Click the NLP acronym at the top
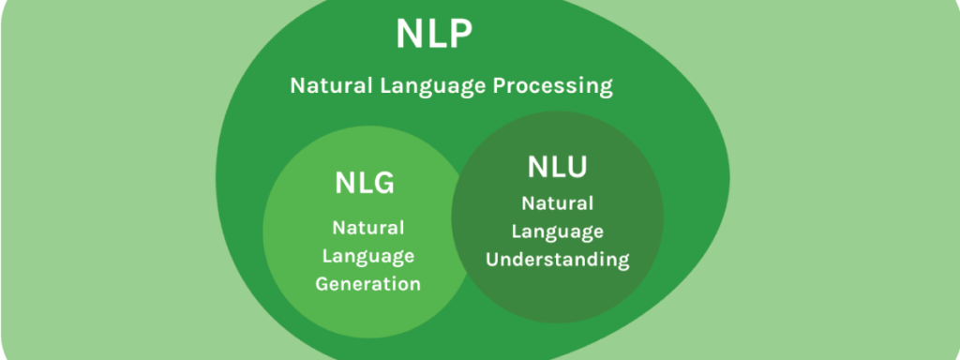click(432, 36)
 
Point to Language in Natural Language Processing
click(428, 87)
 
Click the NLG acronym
click(365, 183)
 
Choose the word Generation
click(368, 284)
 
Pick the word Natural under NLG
click(368, 228)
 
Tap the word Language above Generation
click(368, 256)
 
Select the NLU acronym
click(557, 168)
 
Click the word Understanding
click(557, 259)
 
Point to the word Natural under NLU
click(557, 203)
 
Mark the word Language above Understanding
click(557, 231)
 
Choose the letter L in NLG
click(365, 183)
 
